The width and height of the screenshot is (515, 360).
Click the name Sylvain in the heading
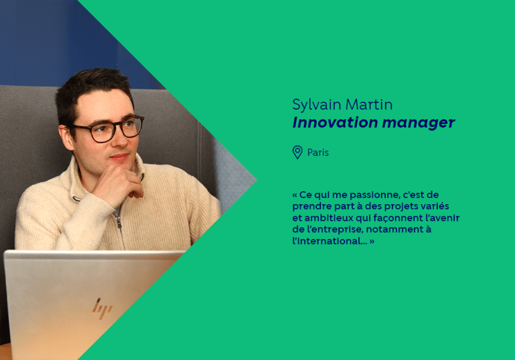tap(317, 105)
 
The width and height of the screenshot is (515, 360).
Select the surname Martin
tap(369, 104)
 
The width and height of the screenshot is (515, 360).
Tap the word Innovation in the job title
tap(335, 122)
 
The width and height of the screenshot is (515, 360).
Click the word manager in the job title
tap(419, 123)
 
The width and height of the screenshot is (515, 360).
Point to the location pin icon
tap(297, 153)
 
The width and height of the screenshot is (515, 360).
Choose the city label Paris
tap(318, 153)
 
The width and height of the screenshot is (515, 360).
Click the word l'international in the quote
tap(329, 241)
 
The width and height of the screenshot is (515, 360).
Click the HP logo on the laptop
tap(102, 308)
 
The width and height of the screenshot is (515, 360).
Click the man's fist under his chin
tap(119, 185)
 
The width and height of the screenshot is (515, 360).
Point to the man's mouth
tap(119, 157)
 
